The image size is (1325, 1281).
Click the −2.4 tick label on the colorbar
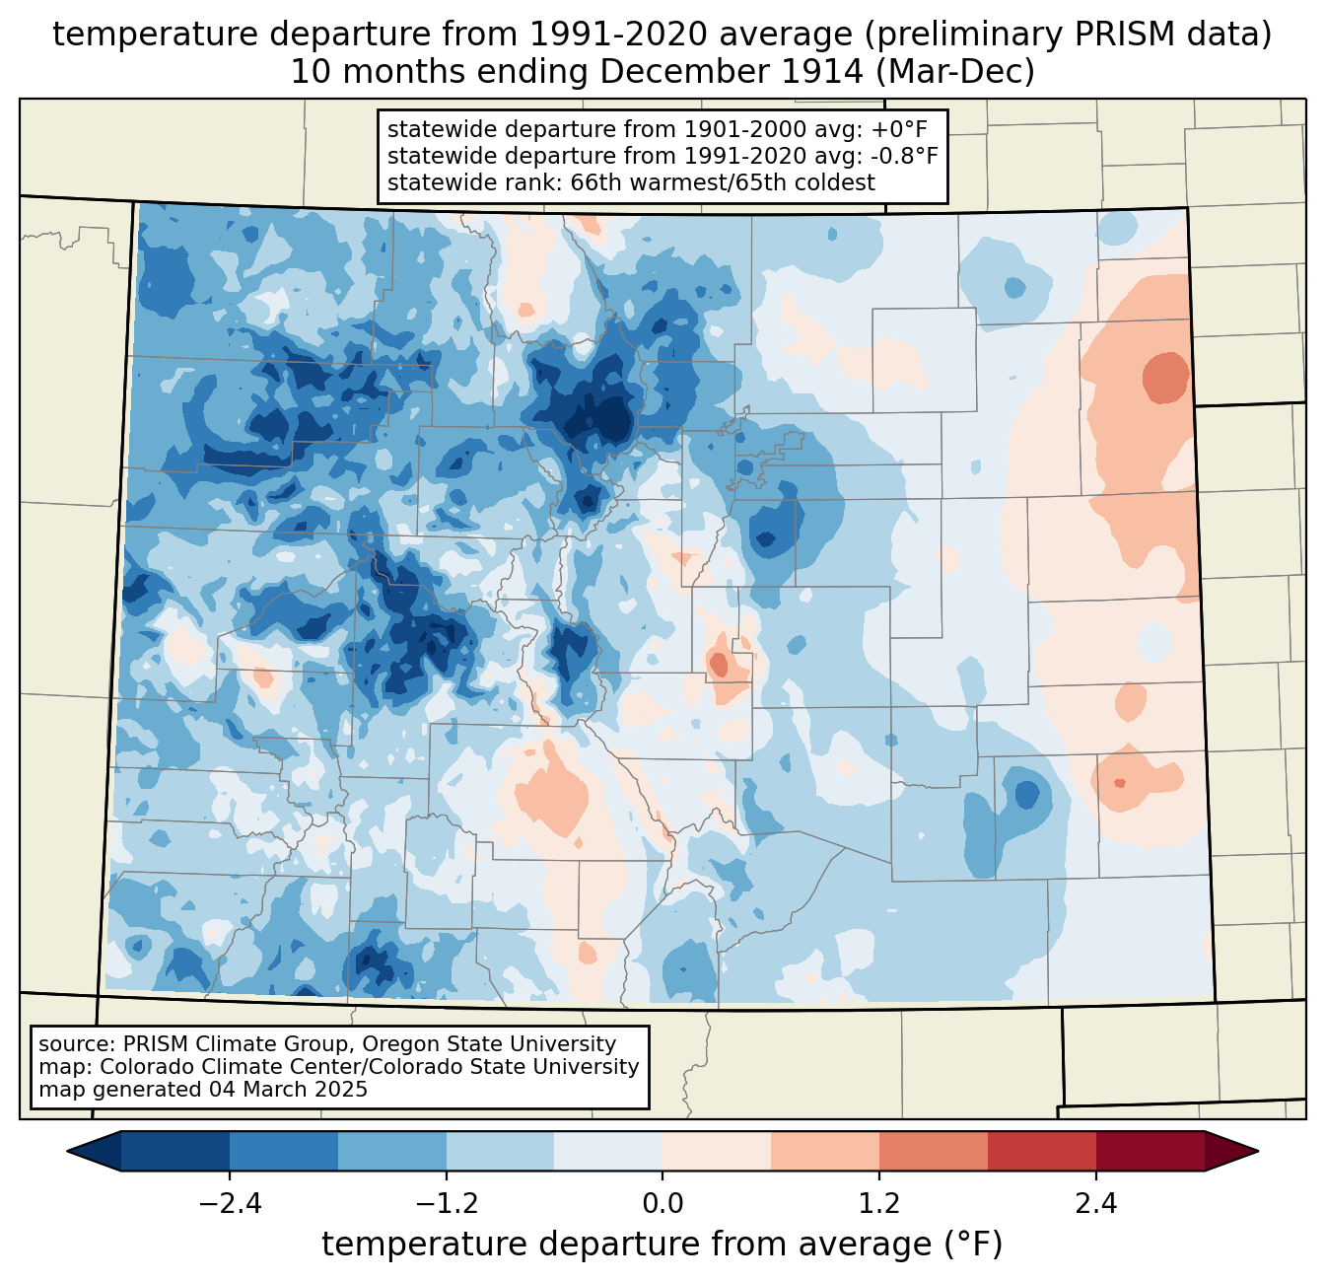coord(230,1204)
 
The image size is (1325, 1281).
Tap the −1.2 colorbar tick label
coord(447,1204)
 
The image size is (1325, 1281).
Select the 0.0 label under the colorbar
coord(662,1204)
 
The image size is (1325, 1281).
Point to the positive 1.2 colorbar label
coord(879,1204)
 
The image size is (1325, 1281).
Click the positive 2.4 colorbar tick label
coord(1096,1204)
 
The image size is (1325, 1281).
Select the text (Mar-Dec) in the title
coord(954,72)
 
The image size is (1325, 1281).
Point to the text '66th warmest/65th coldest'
coord(723,182)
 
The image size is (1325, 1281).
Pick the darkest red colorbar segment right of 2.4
coord(1151,1152)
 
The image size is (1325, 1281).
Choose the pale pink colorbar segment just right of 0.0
coord(717,1152)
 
